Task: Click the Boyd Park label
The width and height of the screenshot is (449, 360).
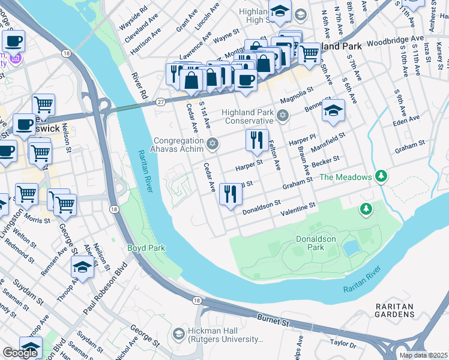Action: pos(146,248)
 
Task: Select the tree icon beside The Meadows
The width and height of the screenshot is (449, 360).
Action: pos(379,176)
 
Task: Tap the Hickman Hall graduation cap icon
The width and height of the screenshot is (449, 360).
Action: pos(178,333)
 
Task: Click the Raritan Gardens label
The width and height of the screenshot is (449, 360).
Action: pos(394,310)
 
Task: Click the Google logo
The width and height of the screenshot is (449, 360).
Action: pos(20,353)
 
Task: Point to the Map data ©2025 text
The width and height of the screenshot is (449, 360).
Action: pos(423,355)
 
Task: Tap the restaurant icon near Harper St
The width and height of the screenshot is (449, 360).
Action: pos(257,140)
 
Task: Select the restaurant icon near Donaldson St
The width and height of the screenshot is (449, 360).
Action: pos(231,194)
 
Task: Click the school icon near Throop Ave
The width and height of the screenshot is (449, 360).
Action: pos(82,267)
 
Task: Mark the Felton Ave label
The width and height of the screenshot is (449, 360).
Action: pos(274,154)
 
